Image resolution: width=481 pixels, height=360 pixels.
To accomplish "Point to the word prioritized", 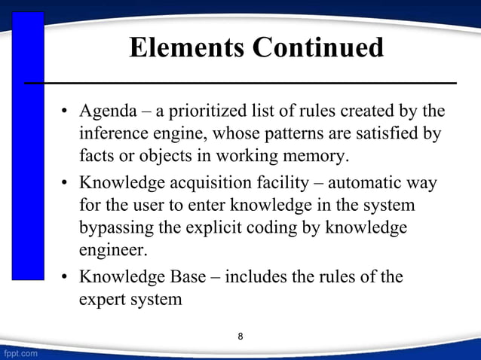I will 206,113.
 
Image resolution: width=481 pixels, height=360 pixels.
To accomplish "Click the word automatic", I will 360,183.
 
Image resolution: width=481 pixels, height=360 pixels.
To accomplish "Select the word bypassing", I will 113,228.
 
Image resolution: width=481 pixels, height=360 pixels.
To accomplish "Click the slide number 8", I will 240,336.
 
